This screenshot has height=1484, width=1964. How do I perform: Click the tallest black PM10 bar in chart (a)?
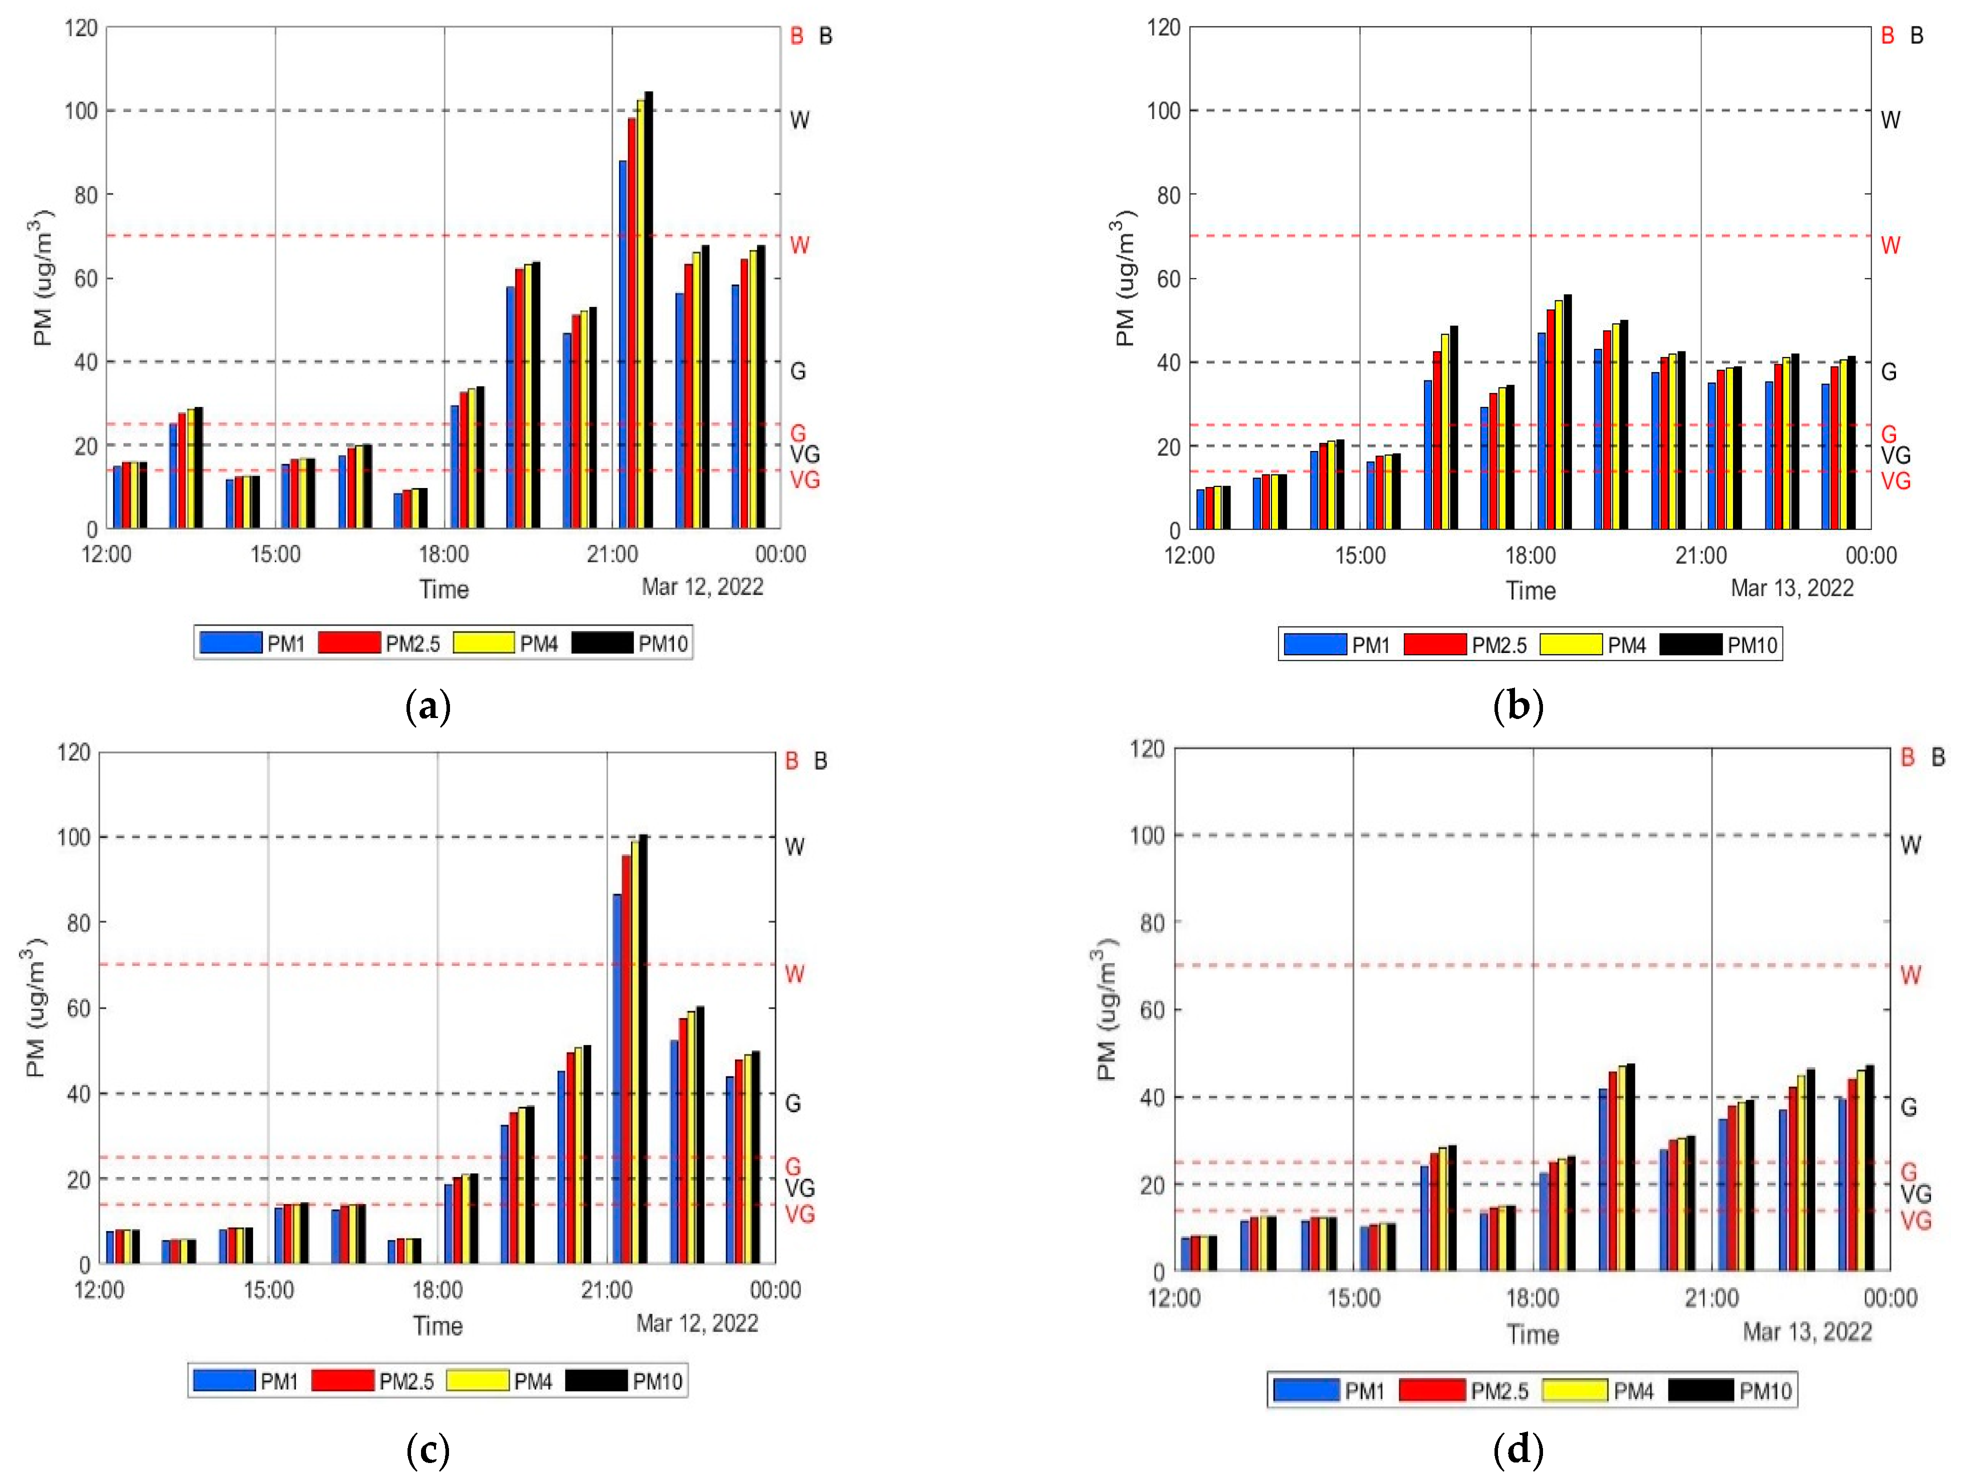pyautogui.click(x=648, y=311)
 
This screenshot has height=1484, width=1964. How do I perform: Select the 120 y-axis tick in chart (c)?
pyautogui.click(x=73, y=752)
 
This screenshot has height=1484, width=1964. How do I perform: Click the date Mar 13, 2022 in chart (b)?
pyautogui.click(x=1792, y=588)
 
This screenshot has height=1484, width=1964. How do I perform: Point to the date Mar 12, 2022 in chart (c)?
pyautogui.click(x=697, y=1323)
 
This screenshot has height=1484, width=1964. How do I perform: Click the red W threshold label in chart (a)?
pyautogui.click(x=799, y=245)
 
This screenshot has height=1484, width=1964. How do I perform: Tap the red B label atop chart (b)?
pyautogui.click(x=1887, y=35)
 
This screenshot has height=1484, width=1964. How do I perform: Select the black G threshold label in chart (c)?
pyautogui.click(x=793, y=1103)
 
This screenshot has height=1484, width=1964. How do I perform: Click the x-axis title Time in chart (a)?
pyautogui.click(x=444, y=589)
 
